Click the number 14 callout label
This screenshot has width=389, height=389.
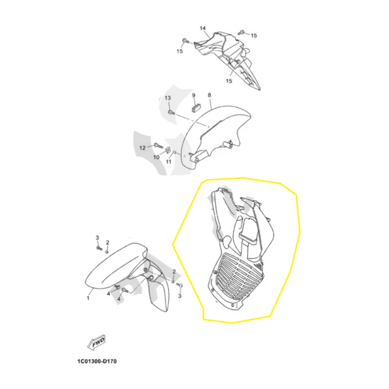[203, 28]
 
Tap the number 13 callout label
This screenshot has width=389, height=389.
[168, 98]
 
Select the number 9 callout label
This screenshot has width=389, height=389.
[194, 95]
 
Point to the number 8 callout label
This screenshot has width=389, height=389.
[210, 95]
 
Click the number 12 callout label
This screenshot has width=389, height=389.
[142, 148]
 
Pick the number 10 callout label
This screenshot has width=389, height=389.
[156, 157]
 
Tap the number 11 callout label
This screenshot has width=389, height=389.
[169, 162]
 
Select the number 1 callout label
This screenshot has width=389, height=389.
[88, 298]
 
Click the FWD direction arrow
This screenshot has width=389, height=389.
[96, 343]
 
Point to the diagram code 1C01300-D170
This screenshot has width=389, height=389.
[97, 361]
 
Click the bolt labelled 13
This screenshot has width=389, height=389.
[171, 112]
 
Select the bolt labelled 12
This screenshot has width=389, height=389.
[158, 145]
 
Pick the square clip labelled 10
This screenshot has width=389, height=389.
[167, 150]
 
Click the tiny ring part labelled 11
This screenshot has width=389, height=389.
[174, 152]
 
